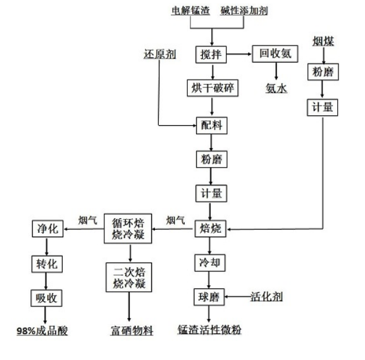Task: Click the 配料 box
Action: [210, 125]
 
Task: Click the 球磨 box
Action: [210, 296]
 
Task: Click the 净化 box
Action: [47, 229]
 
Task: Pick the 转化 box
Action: [47, 263]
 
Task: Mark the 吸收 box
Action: [47, 297]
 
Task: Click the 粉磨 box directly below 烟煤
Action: [323, 72]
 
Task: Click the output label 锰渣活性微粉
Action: [210, 330]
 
